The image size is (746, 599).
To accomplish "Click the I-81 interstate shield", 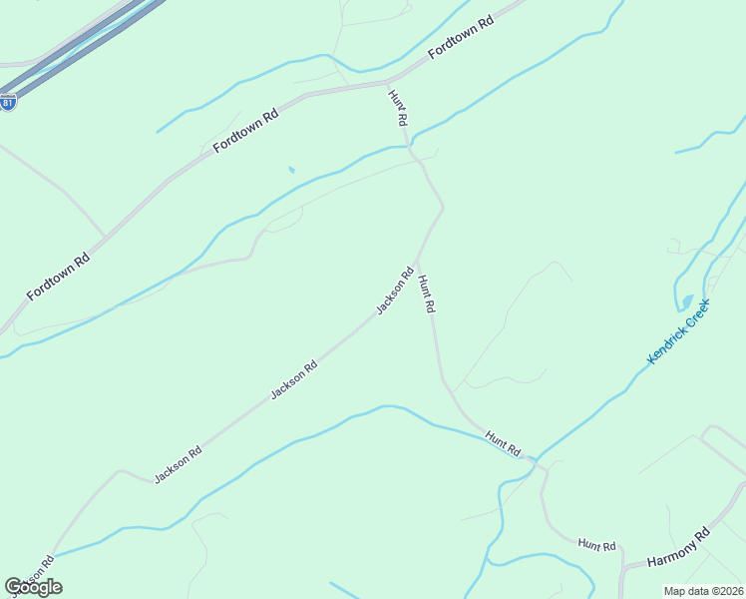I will click(x=8, y=102).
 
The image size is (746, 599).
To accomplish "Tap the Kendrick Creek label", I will click(x=678, y=331).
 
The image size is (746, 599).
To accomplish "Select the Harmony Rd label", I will click(x=677, y=547).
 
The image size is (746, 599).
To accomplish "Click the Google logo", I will click(x=33, y=587).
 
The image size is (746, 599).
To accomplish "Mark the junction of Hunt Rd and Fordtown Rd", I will click(x=388, y=81).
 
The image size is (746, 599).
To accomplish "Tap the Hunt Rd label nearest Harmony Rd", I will click(x=596, y=545).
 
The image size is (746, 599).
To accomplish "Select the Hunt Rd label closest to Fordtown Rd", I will click(x=399, y=107).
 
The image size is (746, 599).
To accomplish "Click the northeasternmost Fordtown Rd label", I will click(x=461, y=39).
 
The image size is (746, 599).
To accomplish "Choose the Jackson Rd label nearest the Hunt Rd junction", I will click(x=395, y=291).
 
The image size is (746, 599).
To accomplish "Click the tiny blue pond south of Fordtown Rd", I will click(x=291, y=170).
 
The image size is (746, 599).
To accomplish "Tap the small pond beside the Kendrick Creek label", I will click(x=686, y=301).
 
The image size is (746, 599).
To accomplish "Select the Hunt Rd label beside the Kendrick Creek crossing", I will click(x=504, y=443).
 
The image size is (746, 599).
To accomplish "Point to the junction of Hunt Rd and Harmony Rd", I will click(x=622, y=570).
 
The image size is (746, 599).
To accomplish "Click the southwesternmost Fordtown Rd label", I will click(x=58, y=277).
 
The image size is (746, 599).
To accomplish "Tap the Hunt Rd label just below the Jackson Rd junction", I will click(x=427, y=295).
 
